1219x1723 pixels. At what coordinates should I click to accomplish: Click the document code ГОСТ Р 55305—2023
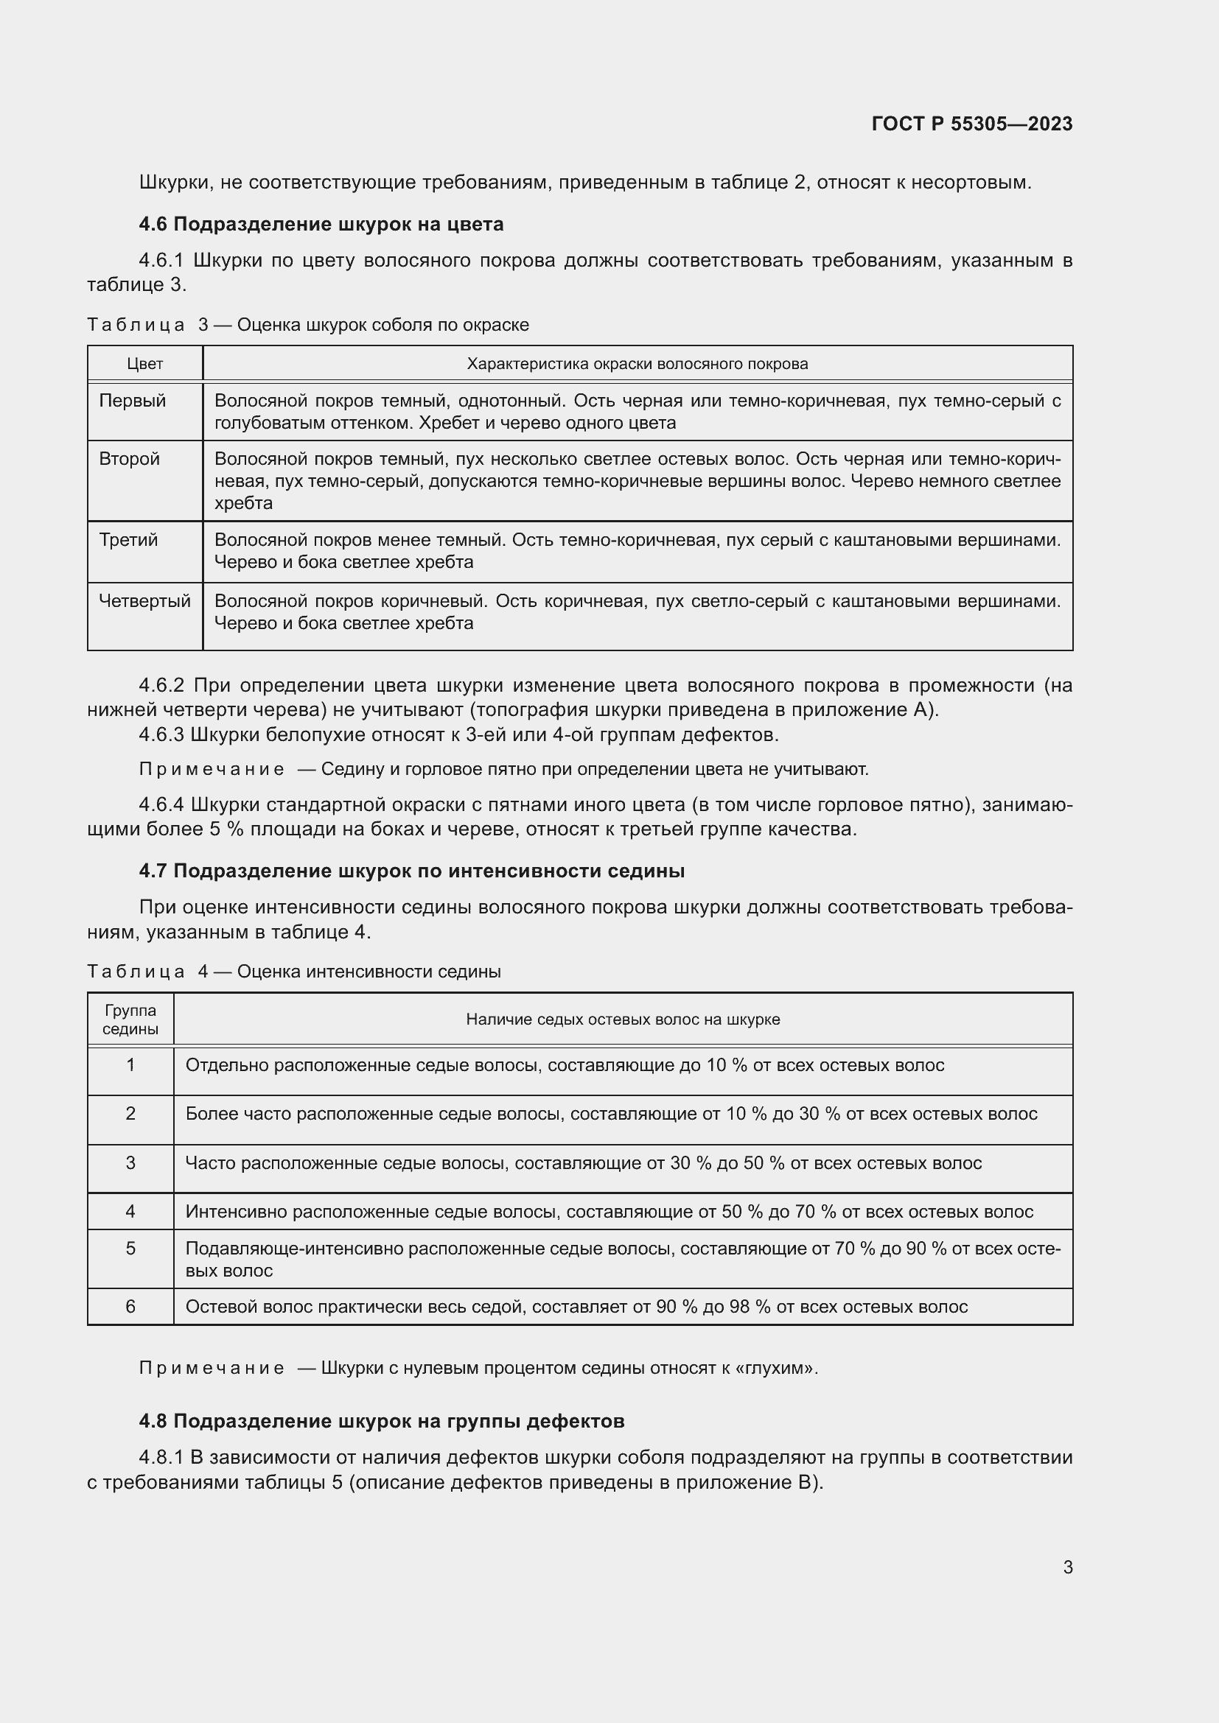tap(971, 124)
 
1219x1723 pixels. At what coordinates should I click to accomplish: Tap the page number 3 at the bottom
tap(1067, 1567)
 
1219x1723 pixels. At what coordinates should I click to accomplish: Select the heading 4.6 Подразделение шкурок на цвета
tap(321, 225)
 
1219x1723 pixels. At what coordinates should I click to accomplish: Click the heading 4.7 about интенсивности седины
tap(411, 871)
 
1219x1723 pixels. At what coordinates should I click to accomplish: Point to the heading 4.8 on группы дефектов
tap(381, 1420)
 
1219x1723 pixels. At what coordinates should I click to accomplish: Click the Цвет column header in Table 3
tap(145, 364)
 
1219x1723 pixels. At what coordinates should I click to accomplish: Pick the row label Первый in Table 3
tap(132, 401)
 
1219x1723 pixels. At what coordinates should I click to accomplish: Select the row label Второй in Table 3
tap(129, 459)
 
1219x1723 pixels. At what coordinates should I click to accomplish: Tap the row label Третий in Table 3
tap(128, 540)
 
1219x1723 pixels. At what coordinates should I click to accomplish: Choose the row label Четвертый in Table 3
tap(145, 601)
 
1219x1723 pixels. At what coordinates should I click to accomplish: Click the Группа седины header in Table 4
tap(130, 1019)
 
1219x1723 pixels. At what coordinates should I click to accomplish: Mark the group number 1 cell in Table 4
tap(130, 1065)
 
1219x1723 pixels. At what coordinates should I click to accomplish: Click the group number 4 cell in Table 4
tap(130, 1211)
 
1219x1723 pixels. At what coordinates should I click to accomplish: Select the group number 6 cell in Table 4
tap(130, 1307)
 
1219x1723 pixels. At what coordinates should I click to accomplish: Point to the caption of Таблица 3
tap(308, 325)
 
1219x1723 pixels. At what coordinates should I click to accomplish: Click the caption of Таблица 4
tap(293, 972)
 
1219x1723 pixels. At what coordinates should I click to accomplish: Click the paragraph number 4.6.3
tap(161, 734)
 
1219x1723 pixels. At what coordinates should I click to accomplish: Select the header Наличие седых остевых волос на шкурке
tap(622, 1019)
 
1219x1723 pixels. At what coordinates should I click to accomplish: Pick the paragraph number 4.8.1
tap(161, 1457)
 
